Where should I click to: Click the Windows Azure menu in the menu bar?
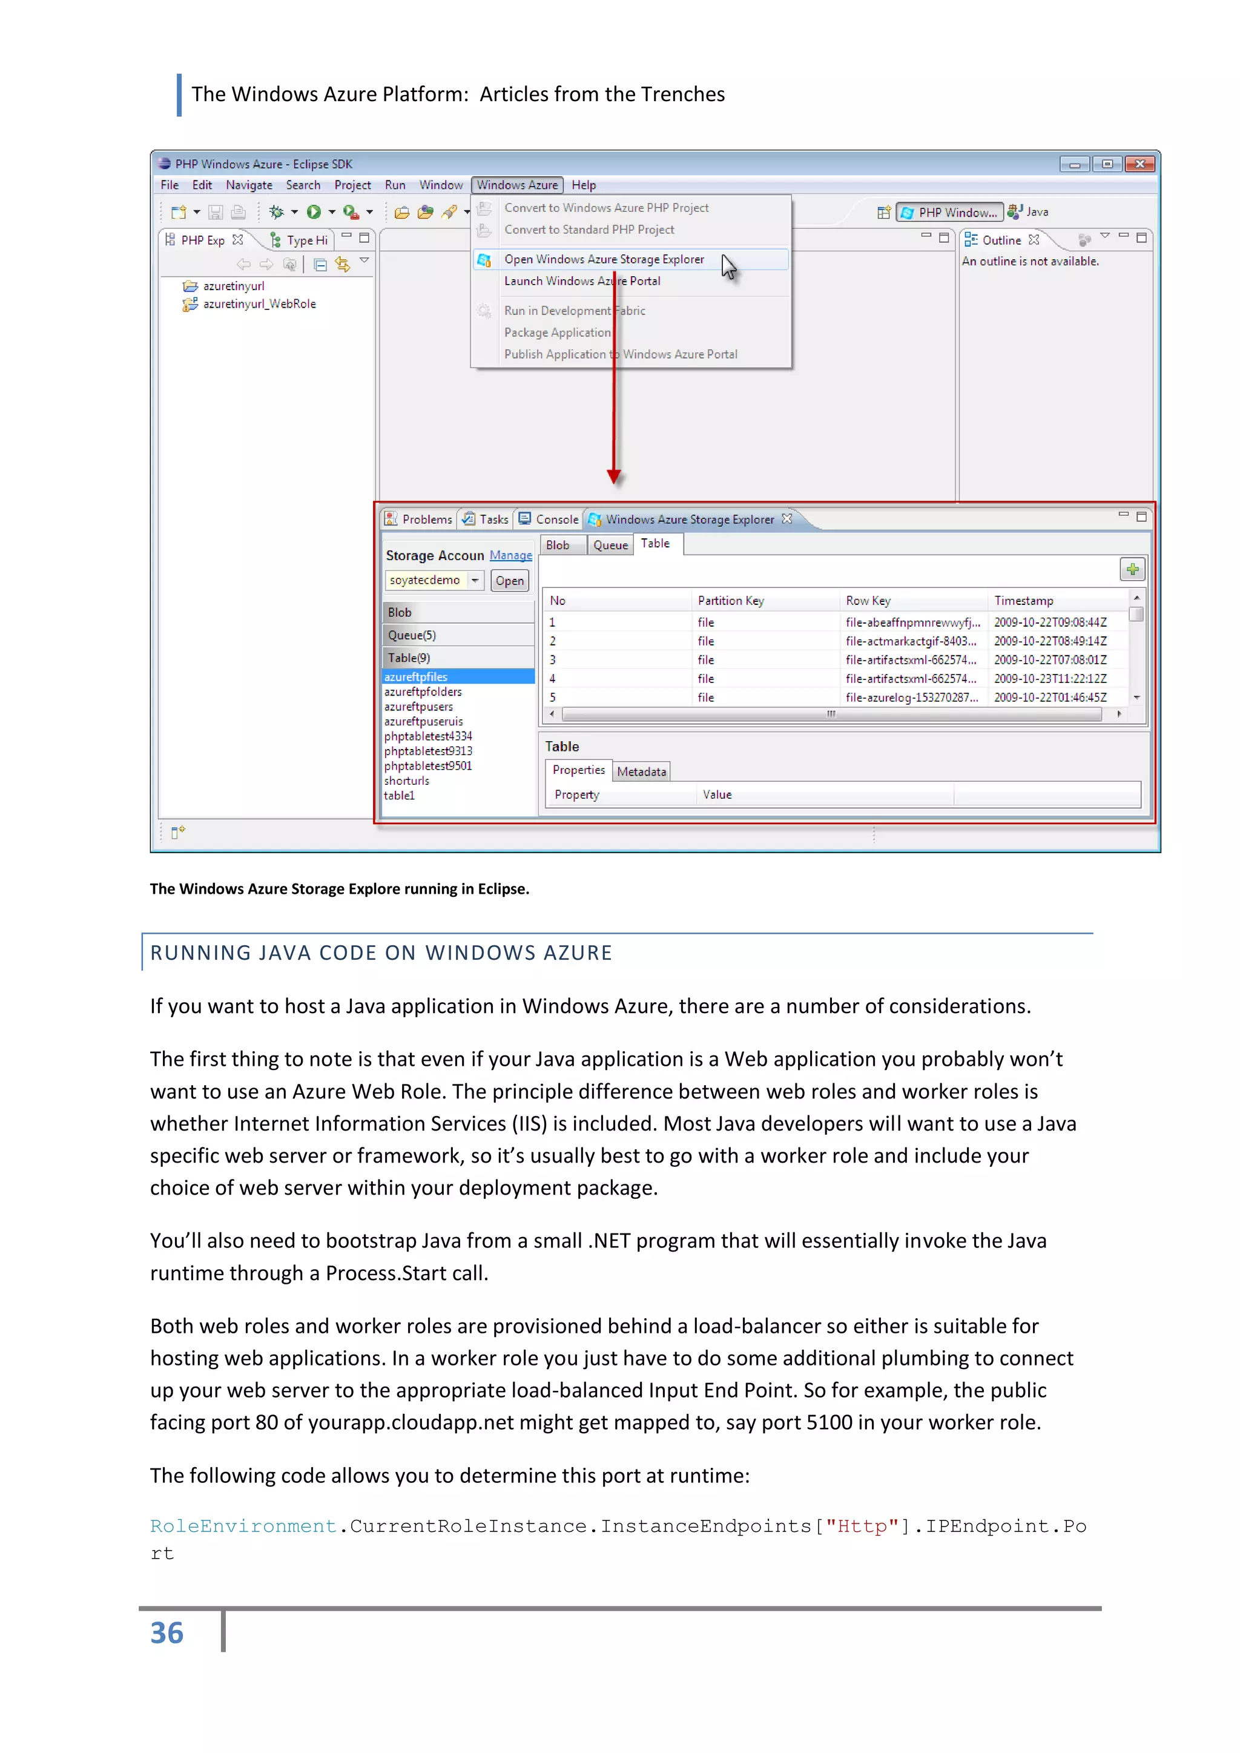point(517,185)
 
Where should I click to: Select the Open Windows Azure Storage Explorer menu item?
point(603,260)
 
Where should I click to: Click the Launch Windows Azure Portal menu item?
point(582,281)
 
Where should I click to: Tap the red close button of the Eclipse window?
point(1139,164)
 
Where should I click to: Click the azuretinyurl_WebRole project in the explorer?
point(259,304)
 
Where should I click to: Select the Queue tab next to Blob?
point(610,545)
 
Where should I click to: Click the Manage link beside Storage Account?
point(511,555)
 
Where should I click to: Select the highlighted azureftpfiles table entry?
point(416,677)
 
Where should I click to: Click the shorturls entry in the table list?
point(406,781)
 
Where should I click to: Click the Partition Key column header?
point(731,601)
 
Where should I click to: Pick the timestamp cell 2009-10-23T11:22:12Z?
point(1050,679)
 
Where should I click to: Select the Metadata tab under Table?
point(641,772)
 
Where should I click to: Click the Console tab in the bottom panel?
point(556,519)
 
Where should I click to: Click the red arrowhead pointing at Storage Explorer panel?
point(614,477)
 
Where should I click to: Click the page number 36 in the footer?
point(167,1633)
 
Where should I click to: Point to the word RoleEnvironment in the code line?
point(243,1527)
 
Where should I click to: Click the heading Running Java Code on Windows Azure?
point(381,953)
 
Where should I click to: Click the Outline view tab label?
point(1001,240)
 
